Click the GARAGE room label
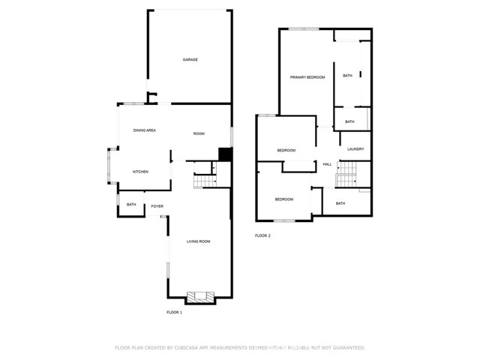point(190,59)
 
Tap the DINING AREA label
point(144,130)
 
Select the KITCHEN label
point(140,172)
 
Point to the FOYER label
point(157,205)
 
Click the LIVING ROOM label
point(198,241)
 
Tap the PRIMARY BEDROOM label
point(307,77)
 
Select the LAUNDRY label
point(355,148)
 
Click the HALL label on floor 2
point(327,164)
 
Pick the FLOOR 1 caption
point(174,312)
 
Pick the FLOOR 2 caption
point(262,236)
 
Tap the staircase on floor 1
point(203,181)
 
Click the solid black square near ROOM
point(223,154)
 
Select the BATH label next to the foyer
point(131,205)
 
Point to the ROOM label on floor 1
point(199,133)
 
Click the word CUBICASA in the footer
point(189,348)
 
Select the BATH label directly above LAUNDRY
point(349,121)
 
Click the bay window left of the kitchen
point(109,168)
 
